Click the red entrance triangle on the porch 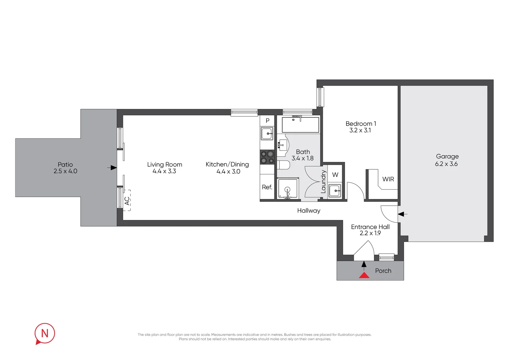(x=364, y=275)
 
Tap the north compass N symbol (x=45, y=334)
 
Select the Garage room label (x=447, y=156)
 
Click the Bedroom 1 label (x=361, y=124)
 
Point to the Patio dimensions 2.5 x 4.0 (x=65, y=171)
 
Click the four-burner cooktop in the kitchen (x=267, y=157)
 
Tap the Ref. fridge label (x=267, y=187)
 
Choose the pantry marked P (x=267, y=121)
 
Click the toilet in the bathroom (x=283, y=165)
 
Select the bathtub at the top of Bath (x=300, y=125)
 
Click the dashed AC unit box (x=127, y=200)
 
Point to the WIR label (x=388, y=179)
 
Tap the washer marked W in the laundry (x=335, y=175)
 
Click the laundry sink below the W (x=334, y=191)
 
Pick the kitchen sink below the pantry (x=267, y=133)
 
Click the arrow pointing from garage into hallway (x=402, y=214)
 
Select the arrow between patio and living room (x=112, y=168)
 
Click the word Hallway (x=309, y=211)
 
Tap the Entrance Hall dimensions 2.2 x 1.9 (x=370, y=233)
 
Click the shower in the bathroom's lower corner (x=288, y=189)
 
